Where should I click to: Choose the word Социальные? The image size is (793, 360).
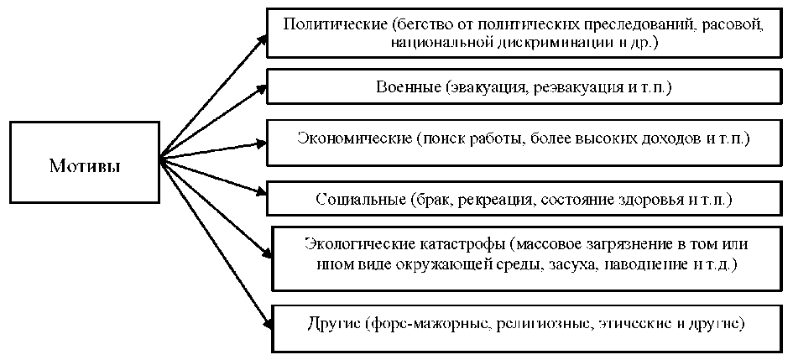coord(363,201)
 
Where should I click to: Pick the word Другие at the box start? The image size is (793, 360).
coord(331,322)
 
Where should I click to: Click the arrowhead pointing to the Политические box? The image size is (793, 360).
coord(263,39)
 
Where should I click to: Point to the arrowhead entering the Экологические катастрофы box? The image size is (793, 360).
coord(267,249)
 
